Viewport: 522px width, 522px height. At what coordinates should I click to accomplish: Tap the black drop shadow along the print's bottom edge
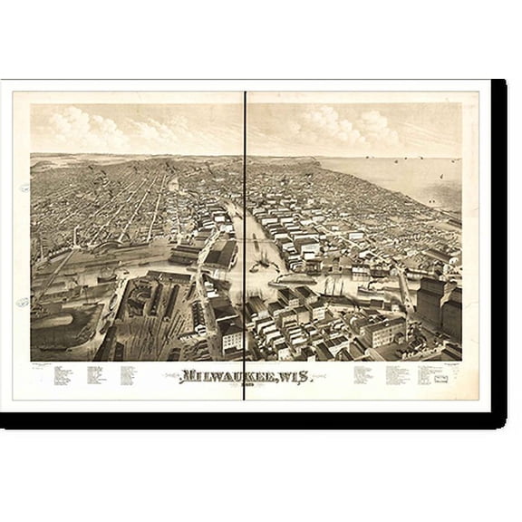[x=254, y=420]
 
